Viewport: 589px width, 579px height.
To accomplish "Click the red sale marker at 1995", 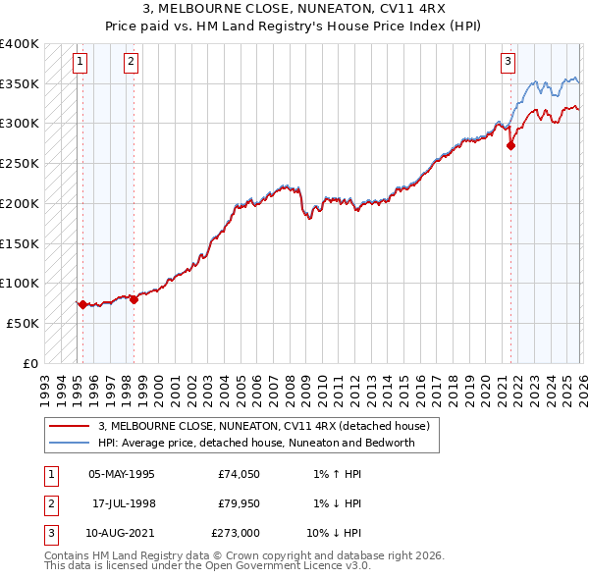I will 82,304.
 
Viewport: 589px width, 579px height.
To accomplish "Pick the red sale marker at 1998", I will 134,299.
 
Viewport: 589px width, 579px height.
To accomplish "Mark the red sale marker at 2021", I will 510,145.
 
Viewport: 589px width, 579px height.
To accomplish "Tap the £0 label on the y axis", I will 29,363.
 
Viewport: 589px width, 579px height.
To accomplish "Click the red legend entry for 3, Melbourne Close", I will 263,426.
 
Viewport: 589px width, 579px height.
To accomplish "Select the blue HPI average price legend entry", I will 256,443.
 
